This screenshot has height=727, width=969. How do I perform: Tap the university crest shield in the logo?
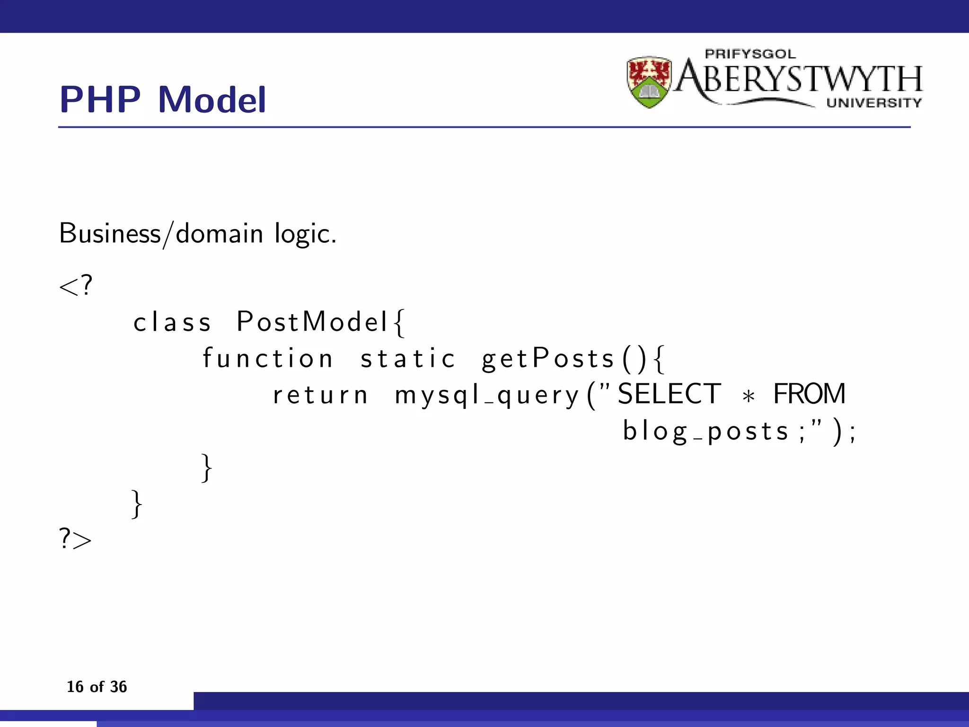649,82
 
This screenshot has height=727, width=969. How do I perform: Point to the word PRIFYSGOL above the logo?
750,54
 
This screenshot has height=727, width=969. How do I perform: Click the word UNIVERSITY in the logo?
874,103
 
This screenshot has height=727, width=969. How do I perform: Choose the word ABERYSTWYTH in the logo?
799,79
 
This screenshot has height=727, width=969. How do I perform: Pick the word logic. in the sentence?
306,234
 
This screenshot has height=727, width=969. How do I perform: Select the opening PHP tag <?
76,286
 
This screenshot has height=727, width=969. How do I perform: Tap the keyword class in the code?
172,323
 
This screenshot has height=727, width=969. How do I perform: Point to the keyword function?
268,358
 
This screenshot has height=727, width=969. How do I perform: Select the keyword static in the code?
408,358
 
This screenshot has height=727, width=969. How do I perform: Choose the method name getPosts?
548,358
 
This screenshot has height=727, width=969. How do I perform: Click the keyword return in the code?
320,395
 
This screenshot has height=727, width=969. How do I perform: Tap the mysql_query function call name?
487,396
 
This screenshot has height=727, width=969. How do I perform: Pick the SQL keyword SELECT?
669,394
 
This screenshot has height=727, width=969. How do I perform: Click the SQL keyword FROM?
809,394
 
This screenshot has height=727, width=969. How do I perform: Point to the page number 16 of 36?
97,687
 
